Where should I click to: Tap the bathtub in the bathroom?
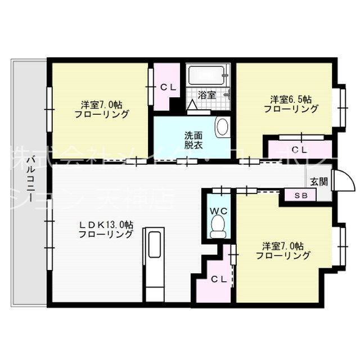[207, 75]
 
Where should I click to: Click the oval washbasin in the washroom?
[222, 127]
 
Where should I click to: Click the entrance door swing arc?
[344, 181]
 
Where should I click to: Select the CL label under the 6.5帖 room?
[299, 150]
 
